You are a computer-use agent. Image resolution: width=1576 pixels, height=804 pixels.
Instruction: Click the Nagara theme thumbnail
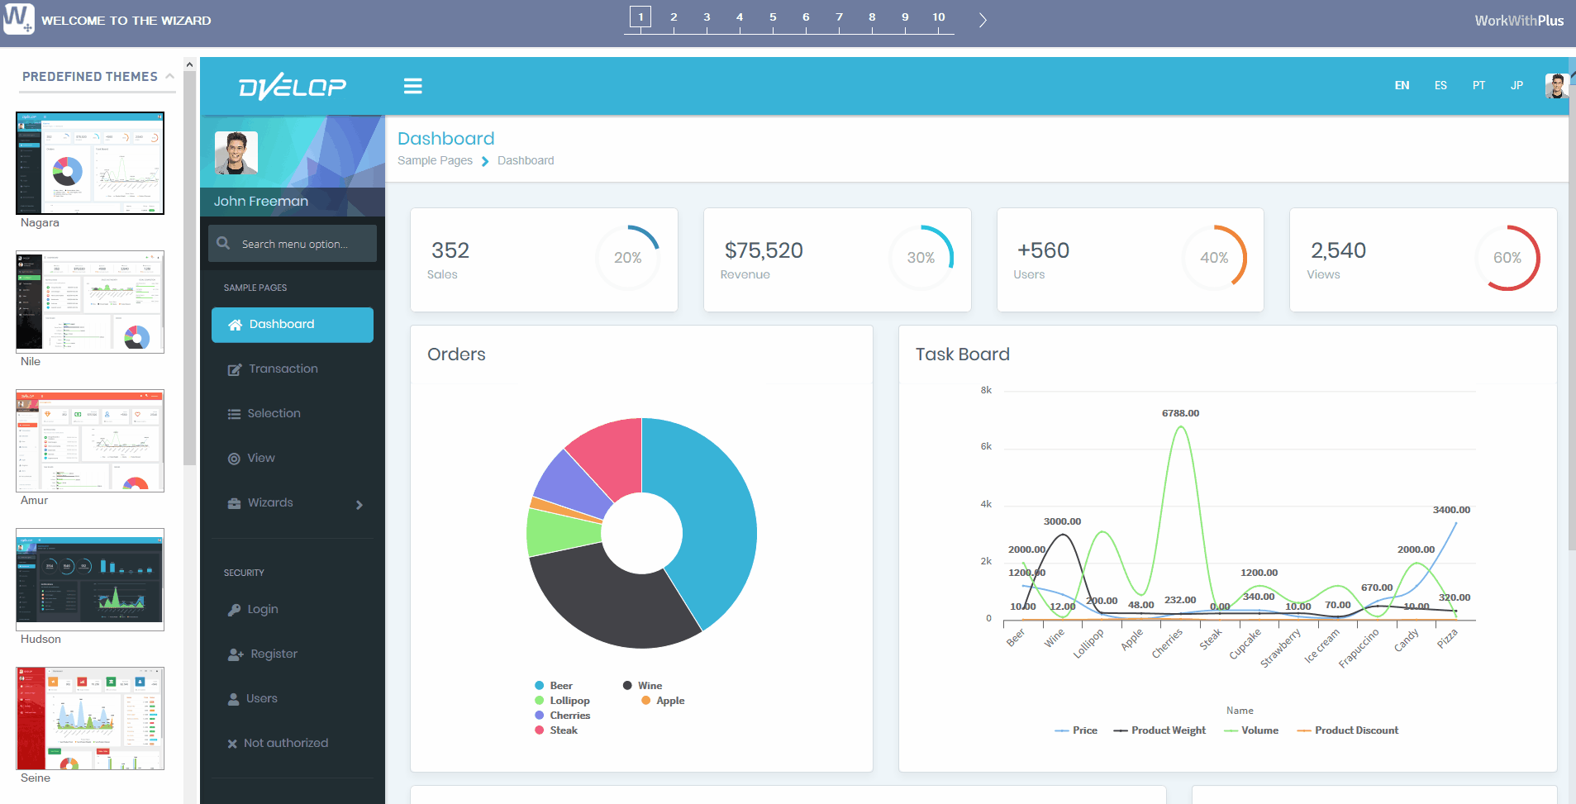(x=90, y=163)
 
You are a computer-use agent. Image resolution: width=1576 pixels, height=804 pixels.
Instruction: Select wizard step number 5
(x=773, y=17)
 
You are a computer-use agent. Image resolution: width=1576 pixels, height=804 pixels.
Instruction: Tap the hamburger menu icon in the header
(x=413, y=86)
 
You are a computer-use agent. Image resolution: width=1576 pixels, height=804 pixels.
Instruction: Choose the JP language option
(x=1516, y=85)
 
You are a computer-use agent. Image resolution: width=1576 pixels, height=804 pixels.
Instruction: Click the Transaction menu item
(x=283, y=369)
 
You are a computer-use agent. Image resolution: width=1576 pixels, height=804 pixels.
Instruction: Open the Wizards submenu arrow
(x=359, y=505)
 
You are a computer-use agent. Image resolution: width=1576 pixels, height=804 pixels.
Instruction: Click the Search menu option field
(x=294, y=244)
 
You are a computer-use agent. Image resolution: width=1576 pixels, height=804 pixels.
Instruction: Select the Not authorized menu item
(x=285, y=743)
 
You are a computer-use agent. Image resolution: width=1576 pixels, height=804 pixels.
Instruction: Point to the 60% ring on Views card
(x=1507, y=258)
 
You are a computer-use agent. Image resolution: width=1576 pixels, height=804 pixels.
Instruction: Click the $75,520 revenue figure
(x=764, y=250)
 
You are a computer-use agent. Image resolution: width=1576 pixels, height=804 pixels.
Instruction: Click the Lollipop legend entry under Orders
(x=569, y=701)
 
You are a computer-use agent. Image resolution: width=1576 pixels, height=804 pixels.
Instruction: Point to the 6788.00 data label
(x=1180, y=413)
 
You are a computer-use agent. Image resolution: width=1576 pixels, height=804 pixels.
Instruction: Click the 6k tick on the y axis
(x=986, y=446)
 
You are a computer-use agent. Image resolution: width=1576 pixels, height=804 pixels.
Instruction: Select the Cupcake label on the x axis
(x=1245, y=644)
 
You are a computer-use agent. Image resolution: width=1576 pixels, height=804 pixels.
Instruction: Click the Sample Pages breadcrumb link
(x=435, y=160)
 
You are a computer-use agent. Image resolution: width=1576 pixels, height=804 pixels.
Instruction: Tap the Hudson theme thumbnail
(x=90, y=579)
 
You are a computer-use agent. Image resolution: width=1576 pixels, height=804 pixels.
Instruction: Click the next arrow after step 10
(x=983, y=21)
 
